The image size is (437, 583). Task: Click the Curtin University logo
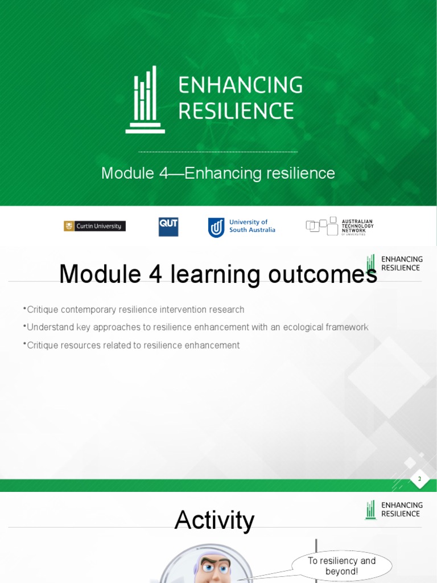(x=94, y=226)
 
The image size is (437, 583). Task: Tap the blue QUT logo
(x=168, y=227)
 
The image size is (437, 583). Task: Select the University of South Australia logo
(x=241, y=227)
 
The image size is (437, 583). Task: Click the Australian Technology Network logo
(x=340, y=226)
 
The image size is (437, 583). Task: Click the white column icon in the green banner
(x=145, y=100)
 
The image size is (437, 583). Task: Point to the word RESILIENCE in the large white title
(x=236, y=110)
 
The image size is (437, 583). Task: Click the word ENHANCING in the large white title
(x=240, y=85)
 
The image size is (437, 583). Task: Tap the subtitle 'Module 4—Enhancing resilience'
(x=218, y=173)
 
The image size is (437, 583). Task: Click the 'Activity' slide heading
(x=215, y=520)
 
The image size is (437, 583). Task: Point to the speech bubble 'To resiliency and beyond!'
(x=342, y=566)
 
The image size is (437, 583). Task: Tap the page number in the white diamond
(x=420, y=479)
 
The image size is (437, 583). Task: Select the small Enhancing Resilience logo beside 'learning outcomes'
(x=394, y=264)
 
